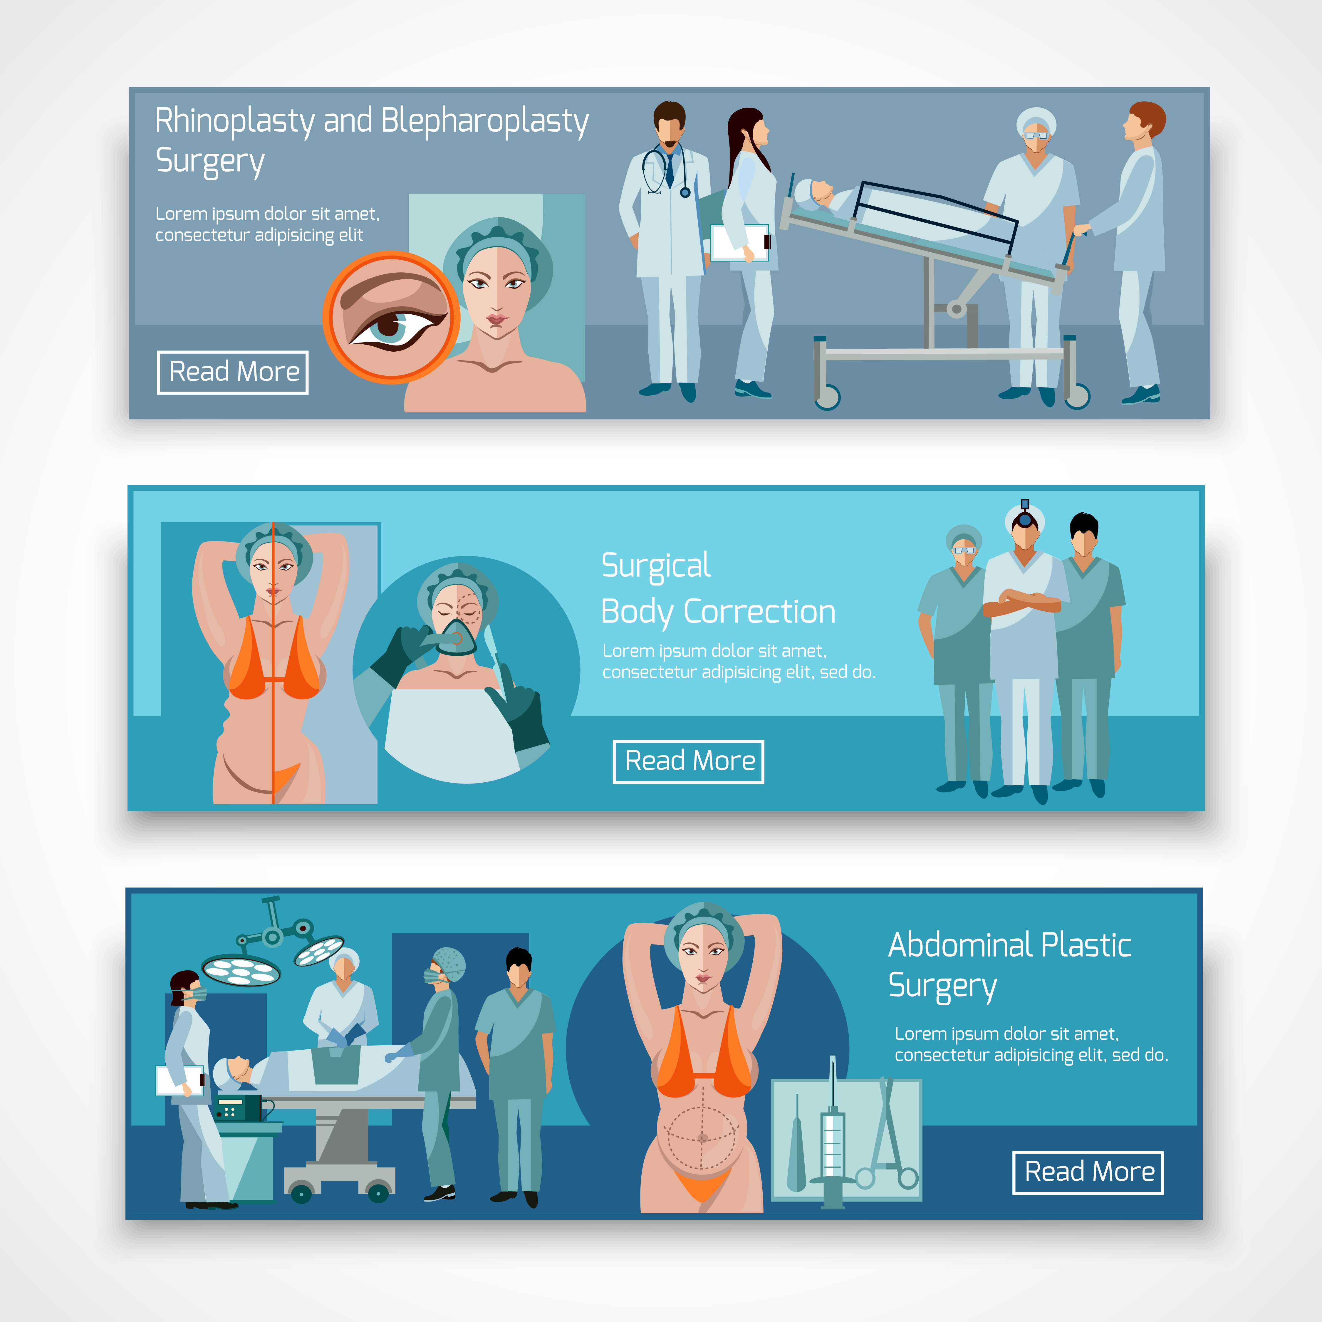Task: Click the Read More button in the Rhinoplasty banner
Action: (x=233, y=372)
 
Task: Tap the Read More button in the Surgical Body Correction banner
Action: (x=688, y=761)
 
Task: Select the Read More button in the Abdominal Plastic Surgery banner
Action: (x=1088, y=1172)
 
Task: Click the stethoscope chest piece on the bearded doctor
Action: (x=685, y=193)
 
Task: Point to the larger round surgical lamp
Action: (x=241, y=970)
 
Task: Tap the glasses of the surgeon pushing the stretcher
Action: (x=1036, y=135)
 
